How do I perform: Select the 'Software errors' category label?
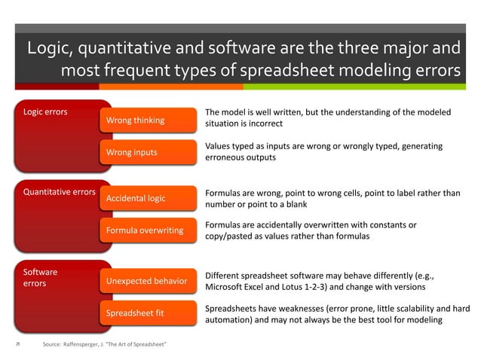point(41,277)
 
